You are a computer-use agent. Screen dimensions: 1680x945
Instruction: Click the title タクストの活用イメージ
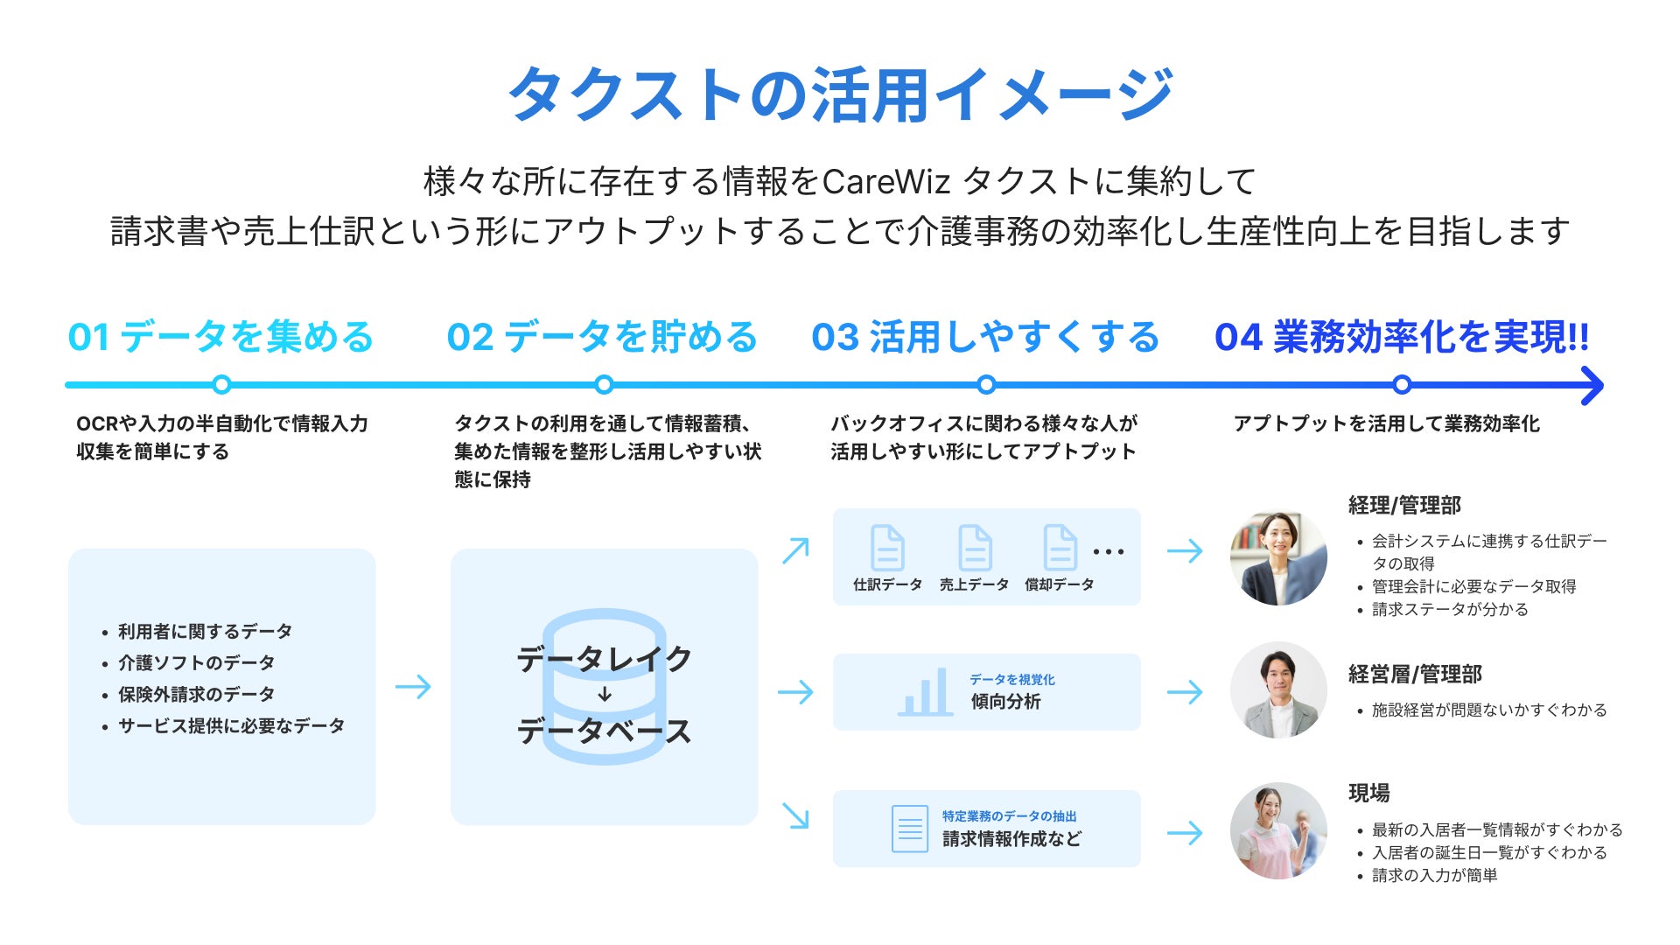click(x=840, y=94)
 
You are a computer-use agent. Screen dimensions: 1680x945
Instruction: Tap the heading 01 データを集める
click(x=220, y=337)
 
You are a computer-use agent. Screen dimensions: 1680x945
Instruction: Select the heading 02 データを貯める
click(x=602, y=337)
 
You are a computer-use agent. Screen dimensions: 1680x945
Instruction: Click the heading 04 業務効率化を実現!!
click(x=1402, y=337)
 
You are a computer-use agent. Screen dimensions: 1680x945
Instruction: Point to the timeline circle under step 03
click(x=986, y=384)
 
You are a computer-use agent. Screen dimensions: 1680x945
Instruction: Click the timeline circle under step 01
click(x=221, y=384)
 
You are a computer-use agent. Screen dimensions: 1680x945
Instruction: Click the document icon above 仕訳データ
click(x=887, y=548)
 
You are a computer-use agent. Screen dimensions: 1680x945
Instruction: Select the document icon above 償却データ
click(x=1060, y=548)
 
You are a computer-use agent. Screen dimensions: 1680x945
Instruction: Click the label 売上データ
click(x=974, y=584)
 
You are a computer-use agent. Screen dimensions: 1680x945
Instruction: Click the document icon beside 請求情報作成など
click(x=909, y=829)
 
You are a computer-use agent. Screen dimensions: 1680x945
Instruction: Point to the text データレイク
click(x=604, y=659)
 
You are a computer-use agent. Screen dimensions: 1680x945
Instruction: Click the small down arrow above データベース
click(x=605, y=695)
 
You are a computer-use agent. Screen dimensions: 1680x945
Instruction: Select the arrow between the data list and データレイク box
click(x=413, y=687)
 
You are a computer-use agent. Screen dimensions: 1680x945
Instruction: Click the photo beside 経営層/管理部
click(x=1278, y=690)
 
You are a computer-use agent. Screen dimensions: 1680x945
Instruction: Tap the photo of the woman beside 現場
click(x=1278, y=830)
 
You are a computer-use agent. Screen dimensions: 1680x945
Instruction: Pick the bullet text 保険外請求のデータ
click(x=196, y=694)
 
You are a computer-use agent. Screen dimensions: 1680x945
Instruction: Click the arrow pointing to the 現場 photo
click(x=1185, y=832)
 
